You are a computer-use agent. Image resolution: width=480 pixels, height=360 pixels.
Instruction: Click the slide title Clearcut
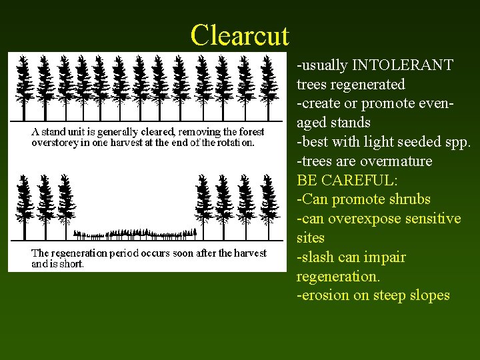239,35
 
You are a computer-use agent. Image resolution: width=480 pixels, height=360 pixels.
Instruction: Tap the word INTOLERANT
403,65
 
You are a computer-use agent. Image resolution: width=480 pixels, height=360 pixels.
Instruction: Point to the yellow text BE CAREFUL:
339,180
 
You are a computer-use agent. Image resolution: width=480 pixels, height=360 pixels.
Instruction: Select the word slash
315,257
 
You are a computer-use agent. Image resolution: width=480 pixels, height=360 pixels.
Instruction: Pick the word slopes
429,295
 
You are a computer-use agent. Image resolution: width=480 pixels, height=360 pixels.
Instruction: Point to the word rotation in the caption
233,142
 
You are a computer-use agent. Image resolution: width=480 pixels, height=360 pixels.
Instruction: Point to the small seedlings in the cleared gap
133,233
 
